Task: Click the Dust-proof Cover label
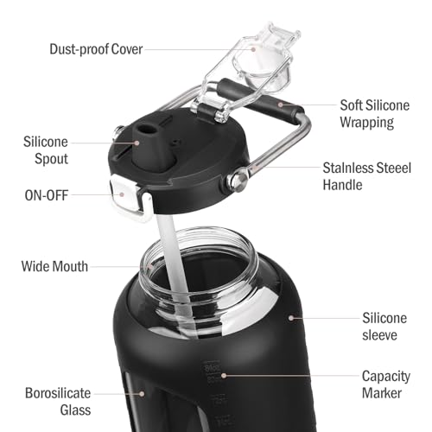96,49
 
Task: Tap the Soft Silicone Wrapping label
375,114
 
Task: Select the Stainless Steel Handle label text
367,176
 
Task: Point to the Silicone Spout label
46,150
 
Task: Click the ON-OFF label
47,195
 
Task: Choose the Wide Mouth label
54,266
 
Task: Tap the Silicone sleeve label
384,327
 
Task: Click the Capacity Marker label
386,384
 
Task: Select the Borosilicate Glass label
58,402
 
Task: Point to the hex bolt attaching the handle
237,181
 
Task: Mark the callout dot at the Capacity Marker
224,376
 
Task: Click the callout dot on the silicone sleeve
291,318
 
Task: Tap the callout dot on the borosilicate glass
142,394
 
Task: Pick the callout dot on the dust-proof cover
253,49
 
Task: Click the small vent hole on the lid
176,142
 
